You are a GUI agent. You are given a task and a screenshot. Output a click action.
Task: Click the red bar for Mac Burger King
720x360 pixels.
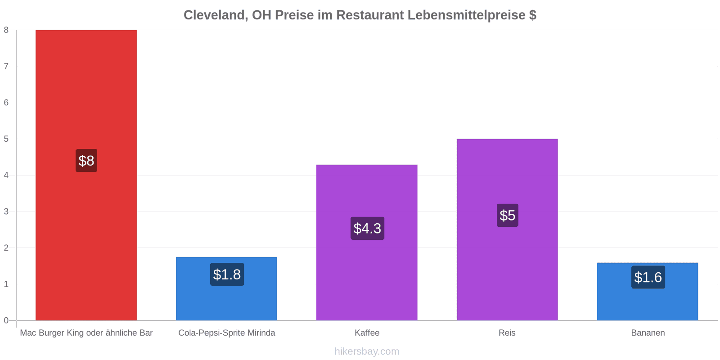pos(86,175)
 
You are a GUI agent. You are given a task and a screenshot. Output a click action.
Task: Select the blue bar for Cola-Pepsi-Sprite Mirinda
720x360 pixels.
pos(227,288)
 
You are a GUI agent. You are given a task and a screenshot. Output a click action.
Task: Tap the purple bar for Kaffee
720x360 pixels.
pos(367,243)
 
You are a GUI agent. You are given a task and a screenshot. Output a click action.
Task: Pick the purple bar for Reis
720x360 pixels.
pos(507,230)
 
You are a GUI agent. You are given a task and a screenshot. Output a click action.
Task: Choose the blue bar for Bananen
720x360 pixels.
pos(648,292)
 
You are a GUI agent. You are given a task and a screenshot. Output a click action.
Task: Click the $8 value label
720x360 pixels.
pos(86,160)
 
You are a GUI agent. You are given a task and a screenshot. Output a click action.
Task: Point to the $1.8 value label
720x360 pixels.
pos(227,274)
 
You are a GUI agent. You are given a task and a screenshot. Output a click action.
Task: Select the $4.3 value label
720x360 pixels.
pos(367,228)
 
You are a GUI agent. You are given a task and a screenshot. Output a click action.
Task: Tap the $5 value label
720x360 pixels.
pos(508,216)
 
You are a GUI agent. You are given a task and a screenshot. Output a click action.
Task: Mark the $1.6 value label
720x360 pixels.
pos(648,277)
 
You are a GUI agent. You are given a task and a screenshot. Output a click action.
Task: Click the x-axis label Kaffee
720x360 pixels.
pos(367,333)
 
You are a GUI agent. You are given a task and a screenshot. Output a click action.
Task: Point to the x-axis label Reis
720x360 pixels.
pos(507,333)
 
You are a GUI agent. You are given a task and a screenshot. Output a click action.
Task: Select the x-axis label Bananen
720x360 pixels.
pos(648,333)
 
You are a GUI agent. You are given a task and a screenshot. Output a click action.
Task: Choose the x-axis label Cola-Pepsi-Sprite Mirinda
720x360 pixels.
pos(227,333)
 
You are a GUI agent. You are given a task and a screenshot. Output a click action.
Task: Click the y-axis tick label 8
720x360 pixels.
pos(6,30)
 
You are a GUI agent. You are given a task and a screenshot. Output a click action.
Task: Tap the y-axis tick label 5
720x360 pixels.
pos(6,139)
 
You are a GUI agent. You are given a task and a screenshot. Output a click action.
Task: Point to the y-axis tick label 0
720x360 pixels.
pos(6,320)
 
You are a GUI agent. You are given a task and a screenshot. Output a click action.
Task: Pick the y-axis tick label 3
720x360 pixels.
pos(6,211)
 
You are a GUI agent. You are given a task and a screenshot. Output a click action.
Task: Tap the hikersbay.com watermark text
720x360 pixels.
pos(367,351)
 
